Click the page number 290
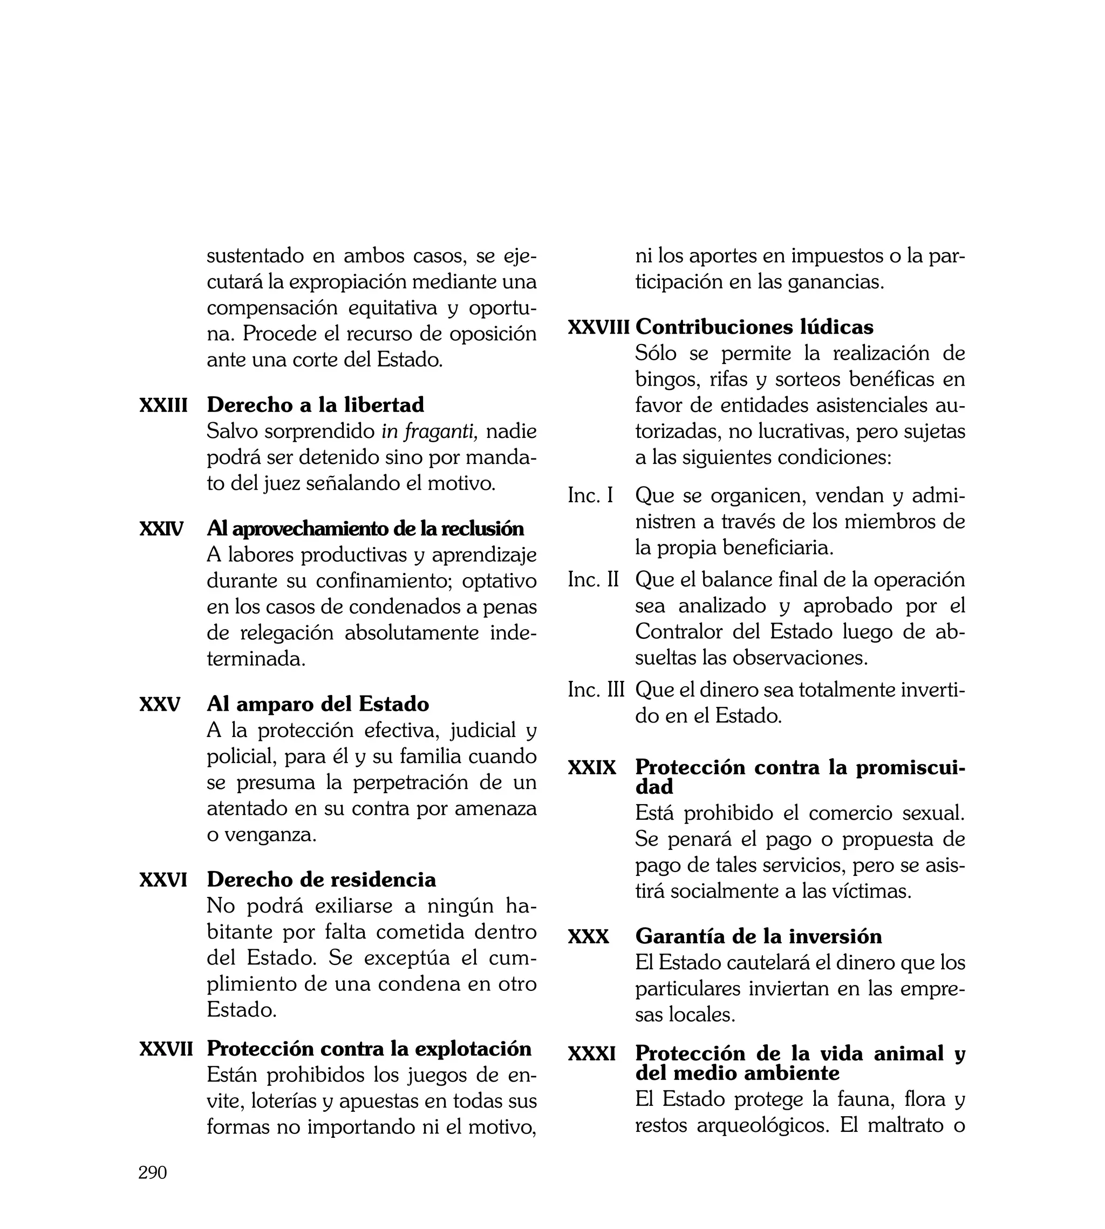(152, 1172)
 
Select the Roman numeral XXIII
(163, 405)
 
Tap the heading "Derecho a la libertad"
(315, 405)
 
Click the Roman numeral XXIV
(161, 529)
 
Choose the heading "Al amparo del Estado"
(318, 704)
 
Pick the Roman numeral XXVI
(163, 880)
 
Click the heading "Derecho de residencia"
(321, 880)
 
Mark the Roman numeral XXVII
(166, 1049)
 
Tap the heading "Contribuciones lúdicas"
(754, 327)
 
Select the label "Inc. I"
(590, 496)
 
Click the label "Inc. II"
(593, 579)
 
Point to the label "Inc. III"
(596, 690)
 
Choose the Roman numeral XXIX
(592, 768)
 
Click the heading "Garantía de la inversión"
(758, 937)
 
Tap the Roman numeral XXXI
(592, 1054)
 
